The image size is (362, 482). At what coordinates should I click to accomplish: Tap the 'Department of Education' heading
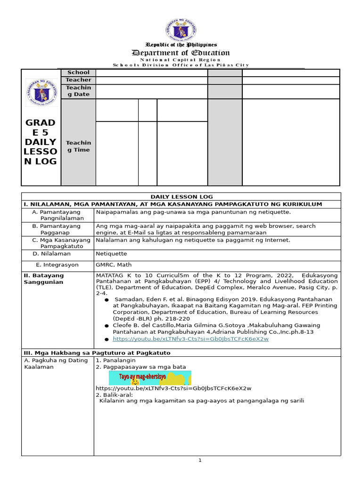point(181,53)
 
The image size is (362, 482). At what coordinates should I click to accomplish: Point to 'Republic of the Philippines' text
point(181,44)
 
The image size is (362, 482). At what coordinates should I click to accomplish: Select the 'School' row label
point(78,72)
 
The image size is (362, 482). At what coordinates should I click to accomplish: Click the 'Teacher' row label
point(78,80)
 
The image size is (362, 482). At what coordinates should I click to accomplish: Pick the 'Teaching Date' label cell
point(78,91)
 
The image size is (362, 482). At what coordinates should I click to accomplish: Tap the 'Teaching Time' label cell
point(78,146)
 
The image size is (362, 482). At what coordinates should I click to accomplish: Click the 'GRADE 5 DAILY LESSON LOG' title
point(41,142)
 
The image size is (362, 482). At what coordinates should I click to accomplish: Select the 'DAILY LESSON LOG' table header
point(181,196)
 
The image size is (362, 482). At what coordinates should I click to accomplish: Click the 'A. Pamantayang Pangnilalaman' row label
point(58,215)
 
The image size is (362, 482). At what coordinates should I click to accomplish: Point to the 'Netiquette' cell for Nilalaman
point(111,253)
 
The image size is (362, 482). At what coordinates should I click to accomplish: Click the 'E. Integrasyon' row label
point(58,265)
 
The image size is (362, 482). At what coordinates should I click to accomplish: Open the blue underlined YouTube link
point(190,339)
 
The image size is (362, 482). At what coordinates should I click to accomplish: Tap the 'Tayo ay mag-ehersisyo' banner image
point(150,378)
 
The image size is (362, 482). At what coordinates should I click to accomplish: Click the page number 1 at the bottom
point(200,460)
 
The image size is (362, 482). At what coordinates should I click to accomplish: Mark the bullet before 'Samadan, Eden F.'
point(107,299)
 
